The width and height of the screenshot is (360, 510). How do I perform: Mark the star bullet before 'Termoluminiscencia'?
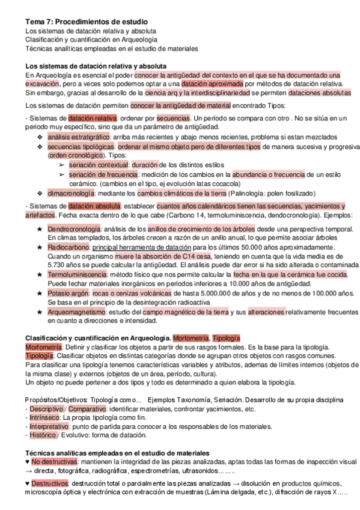(40, 274)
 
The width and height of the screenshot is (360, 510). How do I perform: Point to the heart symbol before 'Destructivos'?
(28, 483)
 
